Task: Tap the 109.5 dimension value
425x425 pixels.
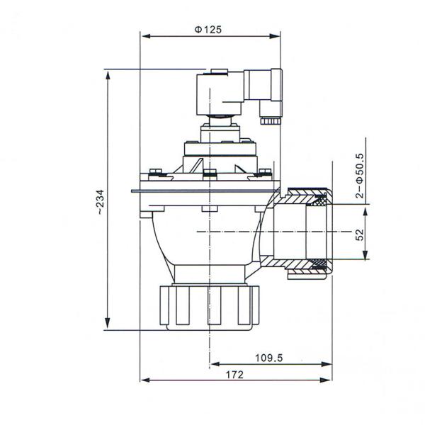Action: tap(269, 358)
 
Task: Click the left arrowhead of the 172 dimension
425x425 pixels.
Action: tap(144, 380)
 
